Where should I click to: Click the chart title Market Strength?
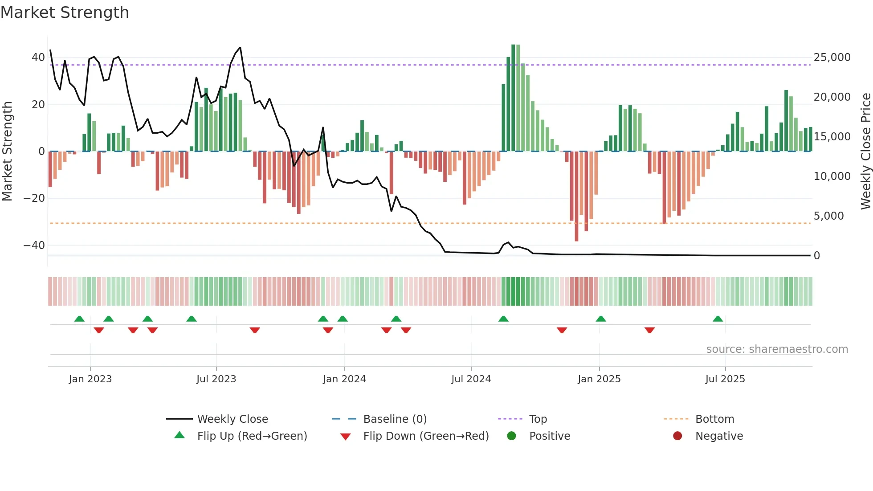(x=65, y=12)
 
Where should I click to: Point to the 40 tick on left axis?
(x=38, y=57)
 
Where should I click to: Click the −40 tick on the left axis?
(x=34, y=245)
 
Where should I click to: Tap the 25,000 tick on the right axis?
(x=832, y=57)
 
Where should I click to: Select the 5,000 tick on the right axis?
(x=828, y=216)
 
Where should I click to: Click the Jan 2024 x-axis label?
(x=344, y=379)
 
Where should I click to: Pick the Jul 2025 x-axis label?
(x=725, y=379)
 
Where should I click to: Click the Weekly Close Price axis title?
(x=865, y=151)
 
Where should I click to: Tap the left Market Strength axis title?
(x=7, y=151)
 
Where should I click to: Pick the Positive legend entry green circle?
(x=511, y=436)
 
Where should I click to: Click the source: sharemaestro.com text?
(x=777, y=349)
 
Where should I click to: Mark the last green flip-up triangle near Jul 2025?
(x=718, y=319)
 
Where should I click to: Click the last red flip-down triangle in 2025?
(x=649, y=330)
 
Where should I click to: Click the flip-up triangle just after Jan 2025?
(x=600, y=319)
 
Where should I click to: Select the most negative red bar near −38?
(x=576, y=196)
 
